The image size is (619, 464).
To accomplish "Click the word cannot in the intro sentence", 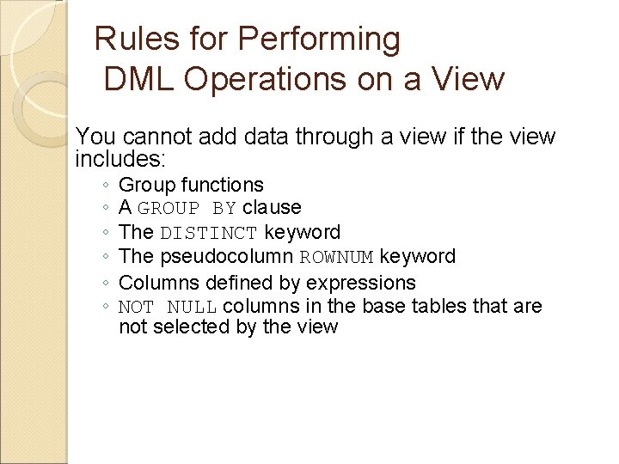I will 155,137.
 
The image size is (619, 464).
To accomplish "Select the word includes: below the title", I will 120,159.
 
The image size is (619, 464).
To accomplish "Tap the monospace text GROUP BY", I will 187,208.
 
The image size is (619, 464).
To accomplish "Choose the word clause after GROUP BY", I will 272,207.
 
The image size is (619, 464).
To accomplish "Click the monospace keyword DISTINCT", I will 209,233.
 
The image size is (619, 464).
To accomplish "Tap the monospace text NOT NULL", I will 168,307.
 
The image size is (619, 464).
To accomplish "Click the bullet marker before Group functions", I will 103,186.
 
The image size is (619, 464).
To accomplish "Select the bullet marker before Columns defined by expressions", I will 103,284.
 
